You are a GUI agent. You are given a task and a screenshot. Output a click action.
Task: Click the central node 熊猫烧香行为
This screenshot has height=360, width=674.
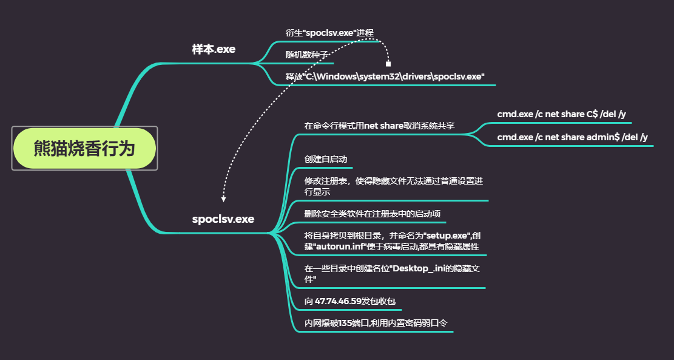click(x=84, y=148)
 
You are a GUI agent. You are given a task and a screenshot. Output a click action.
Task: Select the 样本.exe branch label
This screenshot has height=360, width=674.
click(x=214, y=50)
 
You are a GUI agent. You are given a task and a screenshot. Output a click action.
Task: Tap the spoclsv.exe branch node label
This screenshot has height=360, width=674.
click(x=223, y=219)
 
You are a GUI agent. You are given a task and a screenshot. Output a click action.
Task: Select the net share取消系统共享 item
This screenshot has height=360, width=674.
click(x=379, y=126)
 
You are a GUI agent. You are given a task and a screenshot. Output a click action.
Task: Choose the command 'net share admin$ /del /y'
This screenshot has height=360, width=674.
click(x=572, y=137)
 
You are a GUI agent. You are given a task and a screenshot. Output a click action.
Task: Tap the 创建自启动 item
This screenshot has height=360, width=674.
click(x=326, y=159)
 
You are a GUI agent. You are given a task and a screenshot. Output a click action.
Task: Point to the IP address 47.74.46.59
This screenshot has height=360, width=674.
click(x=338, y=301)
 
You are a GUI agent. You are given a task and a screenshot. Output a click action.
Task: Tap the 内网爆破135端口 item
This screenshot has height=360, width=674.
click(x=376, y=323)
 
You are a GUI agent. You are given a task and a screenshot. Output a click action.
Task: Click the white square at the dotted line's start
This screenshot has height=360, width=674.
click(x=388, y=63)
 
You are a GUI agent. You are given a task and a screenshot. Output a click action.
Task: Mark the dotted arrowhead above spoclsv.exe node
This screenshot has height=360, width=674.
click(x=224, y=199)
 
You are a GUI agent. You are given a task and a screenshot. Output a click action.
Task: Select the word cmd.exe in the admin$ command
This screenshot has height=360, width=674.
click(x=514, y=137)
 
